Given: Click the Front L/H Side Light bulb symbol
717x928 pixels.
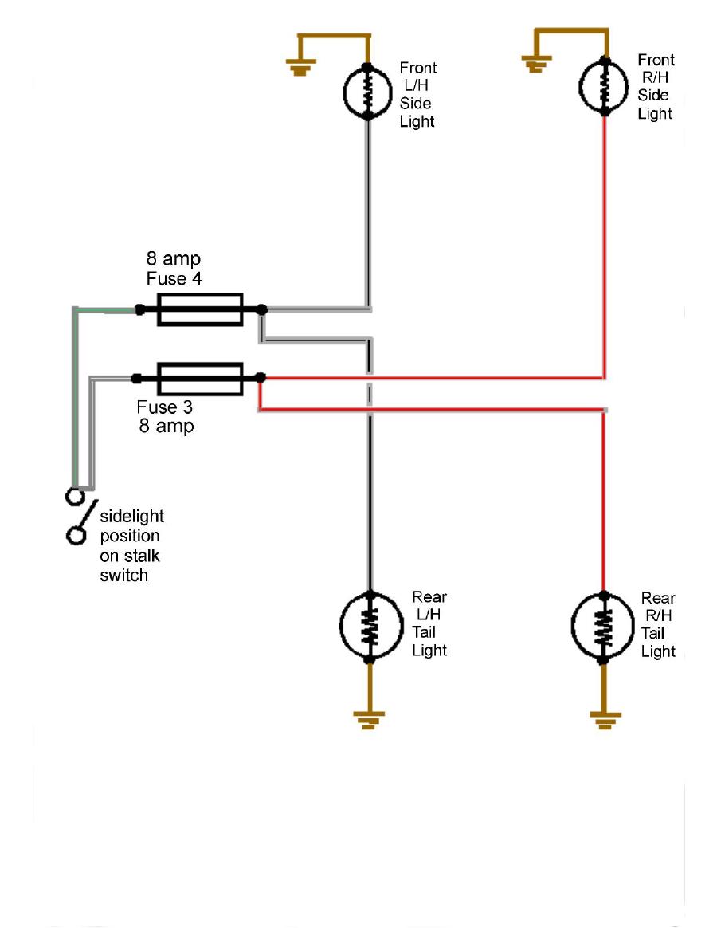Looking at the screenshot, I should coord(367,92).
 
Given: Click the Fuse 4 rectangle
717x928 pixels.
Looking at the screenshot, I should coord(200,309).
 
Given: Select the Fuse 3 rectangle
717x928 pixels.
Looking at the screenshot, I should coord(200,378).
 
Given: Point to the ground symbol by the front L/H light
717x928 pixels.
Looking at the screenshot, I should coord(300,69).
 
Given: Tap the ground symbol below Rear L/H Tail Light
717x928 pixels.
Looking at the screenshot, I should coord(369,720).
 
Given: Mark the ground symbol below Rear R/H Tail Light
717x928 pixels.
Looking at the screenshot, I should coord(603,720).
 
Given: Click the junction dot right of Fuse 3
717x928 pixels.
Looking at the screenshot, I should coord(261,378).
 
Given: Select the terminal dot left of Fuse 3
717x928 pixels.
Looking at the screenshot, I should coord(138,378).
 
